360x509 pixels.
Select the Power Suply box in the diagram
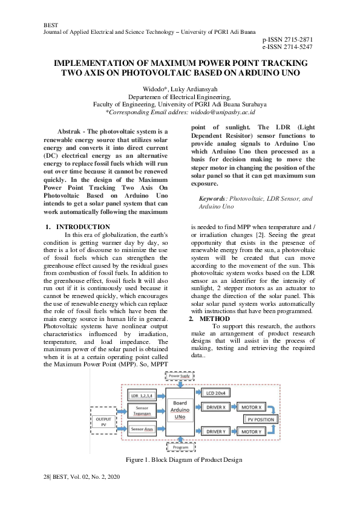(180, 375)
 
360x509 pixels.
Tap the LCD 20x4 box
(216, 394)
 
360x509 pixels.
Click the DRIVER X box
(216, 407)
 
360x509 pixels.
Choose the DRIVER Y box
(216, 431)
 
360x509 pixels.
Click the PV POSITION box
(261, 419)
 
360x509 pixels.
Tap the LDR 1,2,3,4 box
(143, 396)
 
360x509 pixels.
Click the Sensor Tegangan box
(143, 411)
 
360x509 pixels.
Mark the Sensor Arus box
(143, 429)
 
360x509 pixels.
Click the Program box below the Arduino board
(180, 448)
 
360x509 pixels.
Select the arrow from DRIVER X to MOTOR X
(236, 407)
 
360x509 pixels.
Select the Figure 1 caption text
(183, 460)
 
